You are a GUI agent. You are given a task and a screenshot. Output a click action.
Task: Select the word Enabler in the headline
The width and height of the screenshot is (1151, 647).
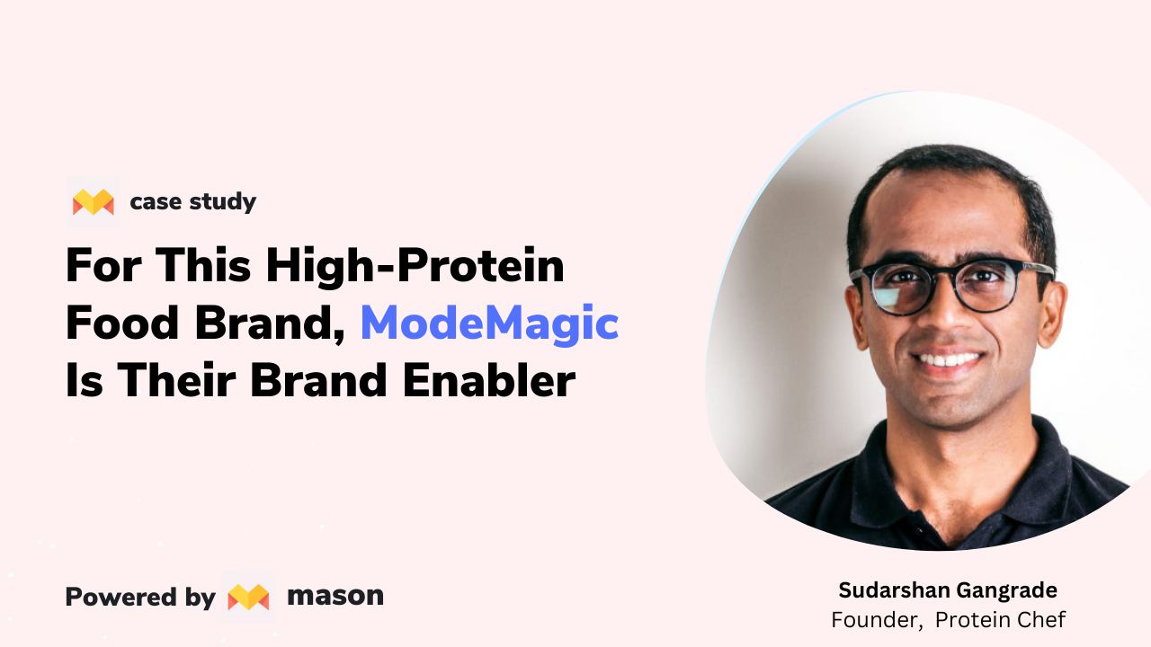tap(488, 380)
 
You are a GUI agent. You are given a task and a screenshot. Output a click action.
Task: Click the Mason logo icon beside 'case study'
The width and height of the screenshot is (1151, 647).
tap(93, 202)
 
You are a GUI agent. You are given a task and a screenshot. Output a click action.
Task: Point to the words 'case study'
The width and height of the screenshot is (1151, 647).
tap(193, 202)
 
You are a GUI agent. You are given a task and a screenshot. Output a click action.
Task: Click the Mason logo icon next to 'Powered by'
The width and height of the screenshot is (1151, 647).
tap(248, 598)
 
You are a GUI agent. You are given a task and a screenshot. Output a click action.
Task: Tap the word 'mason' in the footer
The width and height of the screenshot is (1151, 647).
tap(335, 596)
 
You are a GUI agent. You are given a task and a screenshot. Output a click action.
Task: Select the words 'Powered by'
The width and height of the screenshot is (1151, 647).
tap(140, 598)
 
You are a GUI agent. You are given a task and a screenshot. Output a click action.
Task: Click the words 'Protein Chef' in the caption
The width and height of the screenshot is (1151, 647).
tap(1001, 620)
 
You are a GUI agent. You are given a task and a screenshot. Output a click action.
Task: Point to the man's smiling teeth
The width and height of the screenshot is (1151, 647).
tap(949, 359)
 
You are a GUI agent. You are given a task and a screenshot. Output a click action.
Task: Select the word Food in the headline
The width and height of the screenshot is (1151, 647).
tap(122, 323)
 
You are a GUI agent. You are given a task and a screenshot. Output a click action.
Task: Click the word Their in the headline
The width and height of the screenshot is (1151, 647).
tap(177, 380)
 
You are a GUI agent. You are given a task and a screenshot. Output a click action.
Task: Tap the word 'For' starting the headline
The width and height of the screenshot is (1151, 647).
tap(103, 265)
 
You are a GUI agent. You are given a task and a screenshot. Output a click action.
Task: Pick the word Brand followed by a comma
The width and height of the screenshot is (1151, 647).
tap(270, 324)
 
